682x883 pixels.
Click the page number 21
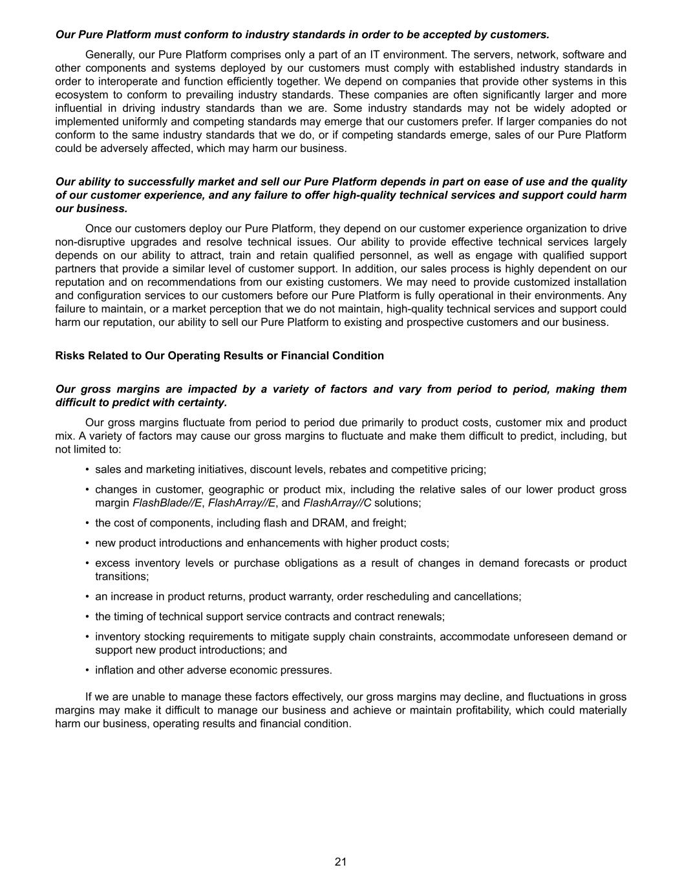pyautogui.click(x=341, y=861)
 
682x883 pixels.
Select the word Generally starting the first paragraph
pyautogui.click(x=109, y=55)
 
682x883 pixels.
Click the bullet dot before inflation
pyautogui.click(x=87, y=670)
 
